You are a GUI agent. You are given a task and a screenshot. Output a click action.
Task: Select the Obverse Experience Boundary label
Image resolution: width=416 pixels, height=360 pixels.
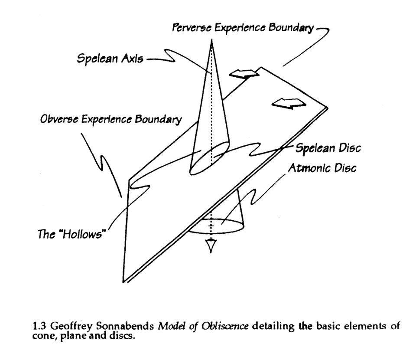111,120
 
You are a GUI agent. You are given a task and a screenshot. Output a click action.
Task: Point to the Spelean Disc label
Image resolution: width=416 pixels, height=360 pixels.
328,148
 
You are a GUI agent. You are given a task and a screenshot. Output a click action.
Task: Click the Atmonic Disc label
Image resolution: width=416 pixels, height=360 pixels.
322,168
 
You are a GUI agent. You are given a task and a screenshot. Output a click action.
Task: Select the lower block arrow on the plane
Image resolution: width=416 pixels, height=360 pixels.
288,103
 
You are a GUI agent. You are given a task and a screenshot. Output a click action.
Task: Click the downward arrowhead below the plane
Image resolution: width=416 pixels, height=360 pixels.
211,246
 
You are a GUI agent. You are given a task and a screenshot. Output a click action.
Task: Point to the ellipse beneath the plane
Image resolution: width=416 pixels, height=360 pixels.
212,226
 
